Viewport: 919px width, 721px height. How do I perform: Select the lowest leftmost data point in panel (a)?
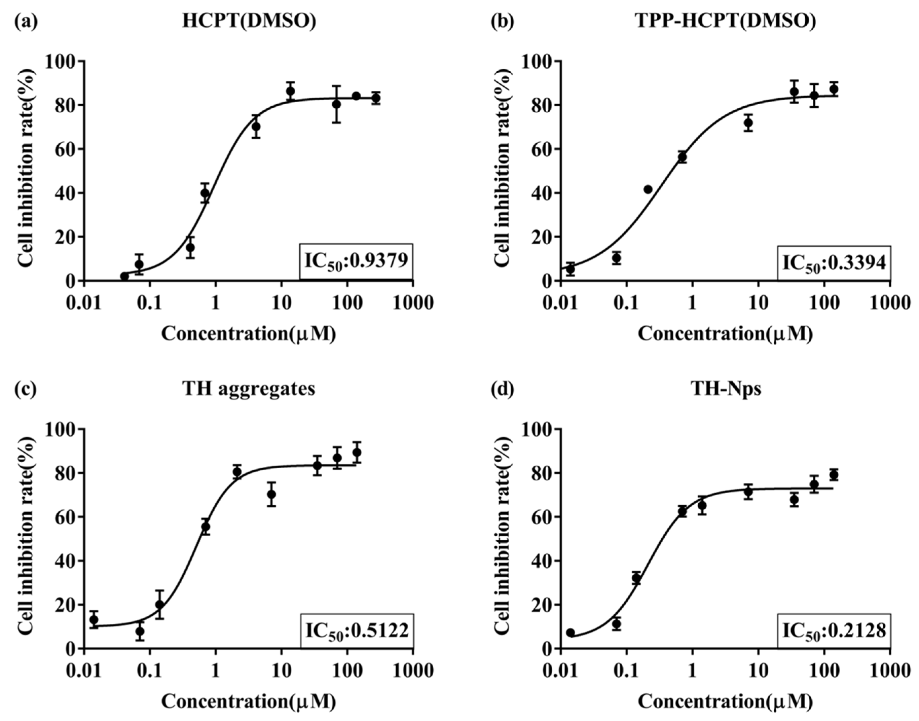click(124, 276)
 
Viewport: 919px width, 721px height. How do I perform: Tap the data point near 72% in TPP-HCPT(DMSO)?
click(748, 123)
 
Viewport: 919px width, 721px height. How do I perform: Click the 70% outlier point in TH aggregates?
click(271, 494)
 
